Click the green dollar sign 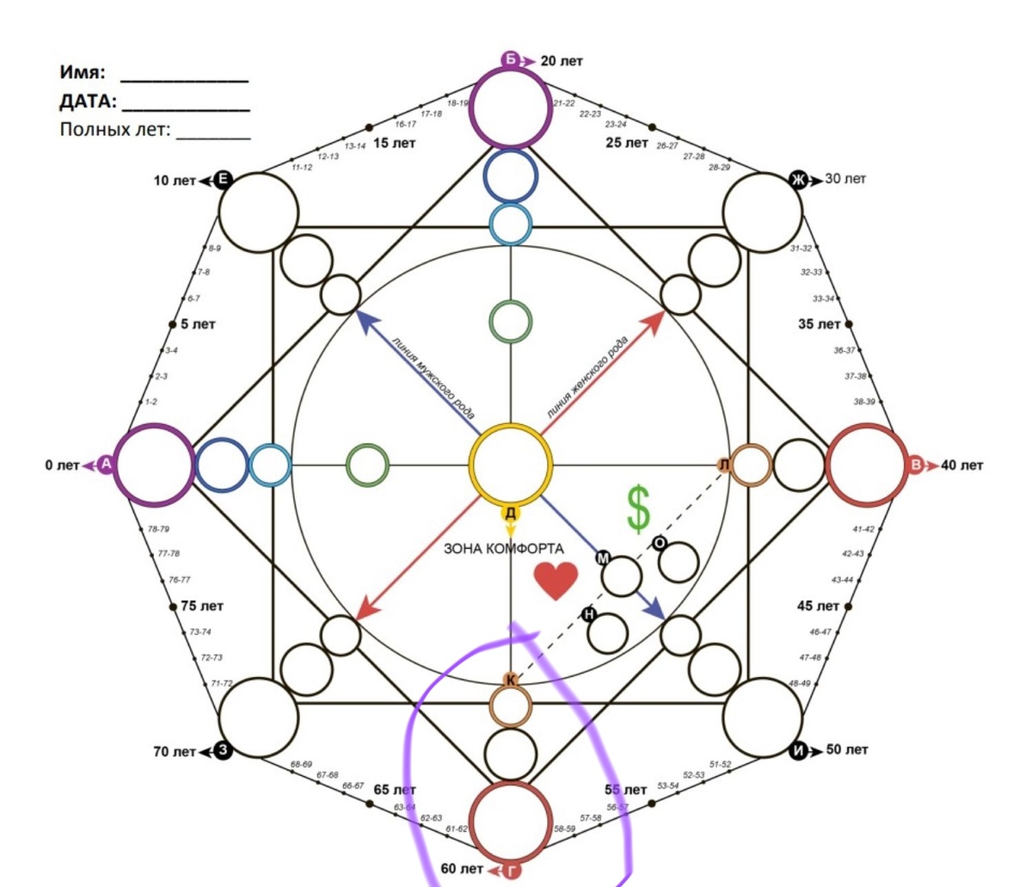click(x=638, y=508)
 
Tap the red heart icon click(x=556, y=582)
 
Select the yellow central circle click(x=511, y=465)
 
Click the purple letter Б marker click(x=511, y=60)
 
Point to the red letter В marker click(x=917, y=465)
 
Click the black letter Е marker click(x=223, y=179)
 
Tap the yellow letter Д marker click(x=511, y=514)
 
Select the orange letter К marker click(x=511, y=681)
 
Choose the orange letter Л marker click(x=725, y=465)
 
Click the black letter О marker click(x=660, y=543)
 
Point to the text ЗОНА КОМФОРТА click(x=504, y=549)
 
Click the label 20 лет click(x=562, y=61)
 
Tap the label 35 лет click(x=819, y=324)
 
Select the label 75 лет click(x=202, y=606)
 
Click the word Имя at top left click(x=82, y=72)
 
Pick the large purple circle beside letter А click(x=154, y=465)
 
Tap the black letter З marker click(x=224, y=750)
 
